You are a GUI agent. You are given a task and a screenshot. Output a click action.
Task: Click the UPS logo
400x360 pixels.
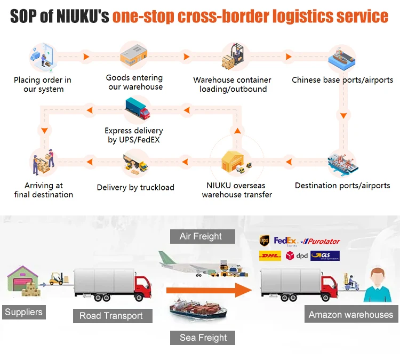[x=264, y=241]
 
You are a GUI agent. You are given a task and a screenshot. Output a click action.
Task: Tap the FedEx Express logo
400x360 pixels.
[x=285, y=241]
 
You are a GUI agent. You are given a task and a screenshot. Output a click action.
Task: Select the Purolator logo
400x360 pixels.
[x=321, y=242]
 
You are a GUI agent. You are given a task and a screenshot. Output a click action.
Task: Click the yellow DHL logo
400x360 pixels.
[x=269, y=256]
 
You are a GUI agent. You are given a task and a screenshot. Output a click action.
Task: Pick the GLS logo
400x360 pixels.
[x=325, y=256]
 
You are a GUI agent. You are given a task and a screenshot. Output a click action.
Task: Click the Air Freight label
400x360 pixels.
[x=201, y=236]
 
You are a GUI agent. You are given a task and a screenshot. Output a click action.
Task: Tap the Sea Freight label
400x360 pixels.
[x=203, y=338]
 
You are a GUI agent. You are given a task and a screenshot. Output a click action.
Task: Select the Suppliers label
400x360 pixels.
[x=23, y=312]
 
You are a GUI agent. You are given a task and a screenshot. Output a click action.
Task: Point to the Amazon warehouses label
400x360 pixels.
[x=350, y=315]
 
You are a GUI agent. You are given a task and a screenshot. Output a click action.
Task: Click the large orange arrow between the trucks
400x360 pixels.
[x=209, y=290]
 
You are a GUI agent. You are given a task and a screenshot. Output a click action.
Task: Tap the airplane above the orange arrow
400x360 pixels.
[x=184, y=262]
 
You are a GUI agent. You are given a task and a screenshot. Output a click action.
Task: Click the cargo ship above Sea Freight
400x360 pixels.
[x=198, y=310]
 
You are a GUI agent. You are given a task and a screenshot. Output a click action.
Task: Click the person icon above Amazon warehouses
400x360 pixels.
[x=377, y=285]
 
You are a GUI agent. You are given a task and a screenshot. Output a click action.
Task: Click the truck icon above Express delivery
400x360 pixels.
[x=137, y=110]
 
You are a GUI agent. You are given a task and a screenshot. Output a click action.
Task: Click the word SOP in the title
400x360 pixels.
[x=24, y=17]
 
